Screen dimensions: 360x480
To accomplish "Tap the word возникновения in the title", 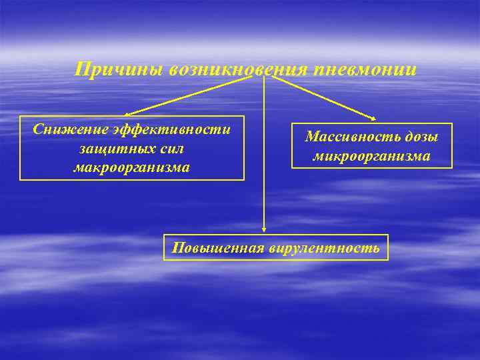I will click(233, 69).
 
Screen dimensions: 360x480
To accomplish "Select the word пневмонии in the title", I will click(360, 69).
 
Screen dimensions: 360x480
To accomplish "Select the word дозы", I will click(419, 137).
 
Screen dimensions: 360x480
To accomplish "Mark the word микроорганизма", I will click(371, 157).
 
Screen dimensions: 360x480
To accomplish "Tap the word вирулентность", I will click(325, 249).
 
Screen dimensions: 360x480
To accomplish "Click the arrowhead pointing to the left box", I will click(127, 115).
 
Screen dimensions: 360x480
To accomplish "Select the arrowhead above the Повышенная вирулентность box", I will click(265, 229).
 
